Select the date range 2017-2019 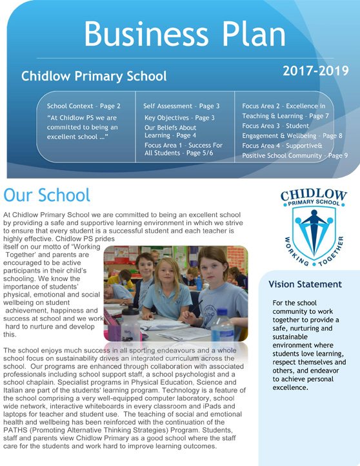tap(315, 70)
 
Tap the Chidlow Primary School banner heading tap(94, 76)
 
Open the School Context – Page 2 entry tap(84, 106)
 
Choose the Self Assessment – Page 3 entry tap(181, 106)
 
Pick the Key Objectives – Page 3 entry tap(179, 118)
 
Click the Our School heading tap(46, 194)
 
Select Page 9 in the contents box tap(337, 155)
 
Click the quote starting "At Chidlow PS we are tap(81, 127)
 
